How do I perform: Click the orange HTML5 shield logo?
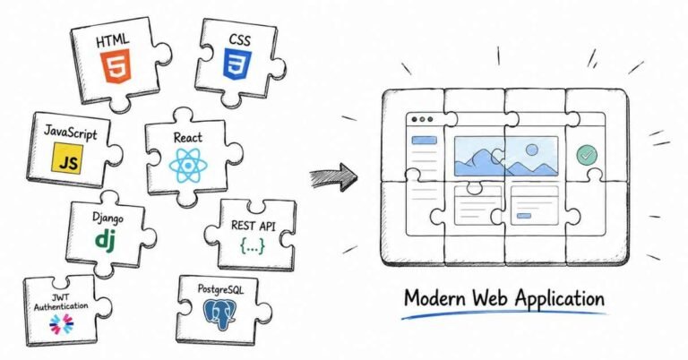pos(116,66)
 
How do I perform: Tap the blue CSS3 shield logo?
pos(237,64)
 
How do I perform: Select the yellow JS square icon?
pos(67,159)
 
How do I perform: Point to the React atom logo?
pos(188,165)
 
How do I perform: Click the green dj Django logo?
pos(106,240)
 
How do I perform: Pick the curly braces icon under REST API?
pos(253,246)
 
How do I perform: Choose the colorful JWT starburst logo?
pos(62,324)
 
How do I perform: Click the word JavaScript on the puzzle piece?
pos(70,132)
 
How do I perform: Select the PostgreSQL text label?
pos(220,289)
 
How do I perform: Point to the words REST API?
pos(254,226)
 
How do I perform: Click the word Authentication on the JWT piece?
pos(61,305)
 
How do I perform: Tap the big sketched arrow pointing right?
pos(333,176)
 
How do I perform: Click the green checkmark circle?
pos(587,155)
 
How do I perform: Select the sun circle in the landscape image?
pos(532,150)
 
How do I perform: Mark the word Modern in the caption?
pos(434,298)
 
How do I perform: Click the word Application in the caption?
pos(559,299)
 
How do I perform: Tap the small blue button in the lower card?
pos(524,215)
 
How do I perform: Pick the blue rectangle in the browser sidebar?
pos(424,141)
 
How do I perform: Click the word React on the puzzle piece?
pos(188,138)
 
